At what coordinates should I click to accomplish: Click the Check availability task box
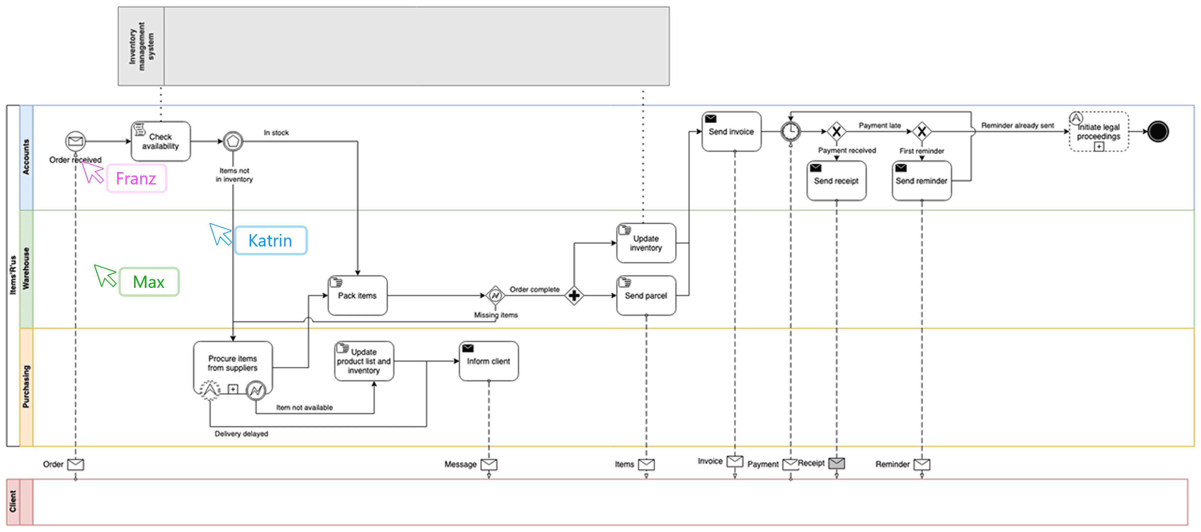click(x=160, y=141)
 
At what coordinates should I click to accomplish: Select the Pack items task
click(x=357, y=295)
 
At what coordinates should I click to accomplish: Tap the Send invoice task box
click(x=731, y=131)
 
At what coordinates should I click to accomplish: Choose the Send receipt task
click(x=836, y=180)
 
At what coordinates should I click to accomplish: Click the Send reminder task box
click(x=921, y=180)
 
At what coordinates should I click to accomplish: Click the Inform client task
click(x=488, y=361)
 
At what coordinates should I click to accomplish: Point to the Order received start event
click(x=75, y=141)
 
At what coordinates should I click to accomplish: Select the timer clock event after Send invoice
click(x=790, y=131)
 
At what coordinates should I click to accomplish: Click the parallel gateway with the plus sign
click(x=574, y=295)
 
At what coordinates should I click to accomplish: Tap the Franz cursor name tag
click(x=136, y=179)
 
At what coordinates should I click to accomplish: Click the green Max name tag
click(x=149, y=282)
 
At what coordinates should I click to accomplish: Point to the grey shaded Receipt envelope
click(x=836, y=463)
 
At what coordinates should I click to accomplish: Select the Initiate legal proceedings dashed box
click(x=1098, y=131)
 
